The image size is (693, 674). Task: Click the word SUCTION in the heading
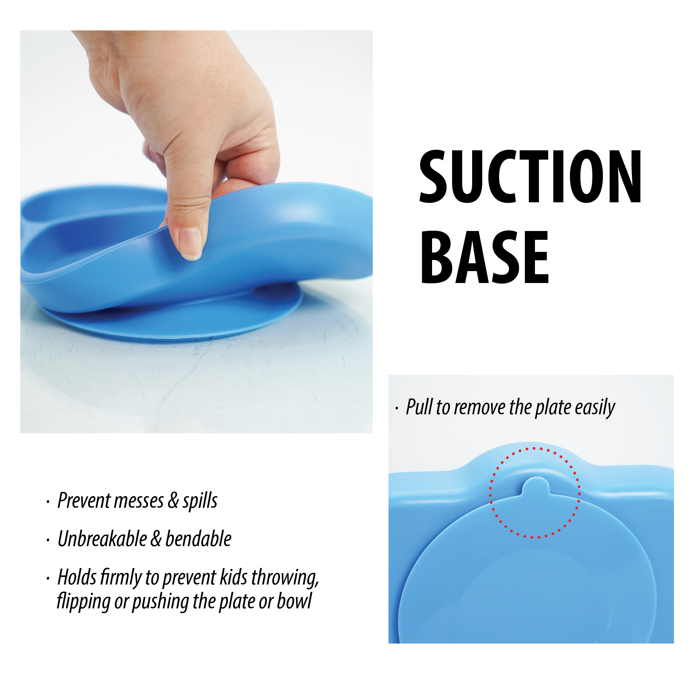click(530, 177)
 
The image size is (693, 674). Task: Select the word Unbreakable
click(102, 539)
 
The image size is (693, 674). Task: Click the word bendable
click(198, 539)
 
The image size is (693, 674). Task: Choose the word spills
click(200, 501)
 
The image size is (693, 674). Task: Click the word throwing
click(285, 578)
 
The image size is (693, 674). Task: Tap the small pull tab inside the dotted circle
click(536, 486)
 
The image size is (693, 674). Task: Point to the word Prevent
click(84, 501)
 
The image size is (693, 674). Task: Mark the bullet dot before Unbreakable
click(48, 540)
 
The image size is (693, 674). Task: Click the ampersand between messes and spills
click(173, 501)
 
